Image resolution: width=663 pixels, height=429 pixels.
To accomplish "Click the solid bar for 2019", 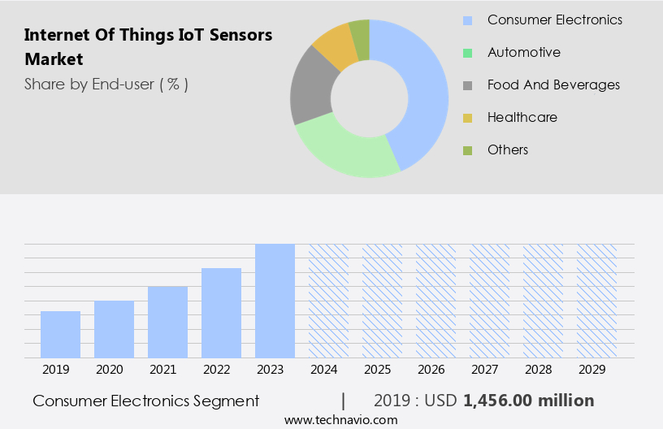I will [x=60, y=334].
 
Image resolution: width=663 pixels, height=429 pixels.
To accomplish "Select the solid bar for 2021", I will [x=167, y=322].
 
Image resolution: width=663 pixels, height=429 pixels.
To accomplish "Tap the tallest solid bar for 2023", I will [x=275, y=301].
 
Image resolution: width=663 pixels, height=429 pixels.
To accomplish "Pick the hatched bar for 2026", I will [x=435, y=301].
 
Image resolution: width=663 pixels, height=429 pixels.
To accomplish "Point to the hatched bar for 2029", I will [x=596, y=301].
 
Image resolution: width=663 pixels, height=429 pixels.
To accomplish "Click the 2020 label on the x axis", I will [x=109, y=370].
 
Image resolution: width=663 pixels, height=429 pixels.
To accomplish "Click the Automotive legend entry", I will [x=523, y=52].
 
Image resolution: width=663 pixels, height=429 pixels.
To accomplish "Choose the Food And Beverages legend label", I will [x=552, y=84].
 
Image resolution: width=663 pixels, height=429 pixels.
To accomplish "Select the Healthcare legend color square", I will [x=467, y=118].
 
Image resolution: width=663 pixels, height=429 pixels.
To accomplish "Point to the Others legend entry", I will [x=507, y=149].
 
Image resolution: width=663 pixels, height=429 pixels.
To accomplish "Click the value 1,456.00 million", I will [x=528, y=401].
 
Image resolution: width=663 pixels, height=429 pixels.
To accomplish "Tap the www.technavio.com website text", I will [x=341, y=419].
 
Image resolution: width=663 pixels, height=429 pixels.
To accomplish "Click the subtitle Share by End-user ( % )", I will [x=106, y=84].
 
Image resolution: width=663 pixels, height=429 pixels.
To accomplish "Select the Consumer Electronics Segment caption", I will [x=146, y=401].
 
